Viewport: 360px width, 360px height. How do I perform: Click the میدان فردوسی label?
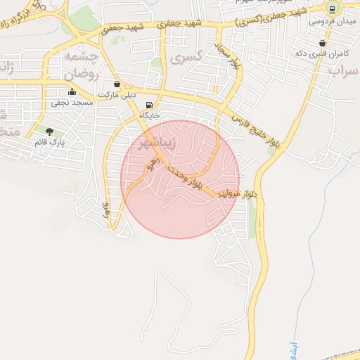coord(331,22)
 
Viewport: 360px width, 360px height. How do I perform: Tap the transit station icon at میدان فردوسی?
coord(331,9)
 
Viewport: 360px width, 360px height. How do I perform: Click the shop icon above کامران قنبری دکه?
coord(322,43)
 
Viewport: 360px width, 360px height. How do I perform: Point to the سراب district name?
coord(344,70)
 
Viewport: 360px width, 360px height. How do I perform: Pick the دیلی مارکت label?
coord(117,94)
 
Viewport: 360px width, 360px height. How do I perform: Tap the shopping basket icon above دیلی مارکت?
coord(117,84)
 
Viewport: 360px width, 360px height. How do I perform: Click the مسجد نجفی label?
coord(71,103)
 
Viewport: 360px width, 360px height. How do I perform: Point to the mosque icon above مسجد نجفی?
coord(72,92)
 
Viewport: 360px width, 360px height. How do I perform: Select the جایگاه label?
coord(150,115)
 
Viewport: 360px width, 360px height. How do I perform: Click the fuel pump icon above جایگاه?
coord(149,105)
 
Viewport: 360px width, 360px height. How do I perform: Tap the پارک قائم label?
coord(49,143)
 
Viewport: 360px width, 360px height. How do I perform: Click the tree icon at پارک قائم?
coord(49,131)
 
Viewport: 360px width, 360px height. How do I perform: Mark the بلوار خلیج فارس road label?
coord(256,131)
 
